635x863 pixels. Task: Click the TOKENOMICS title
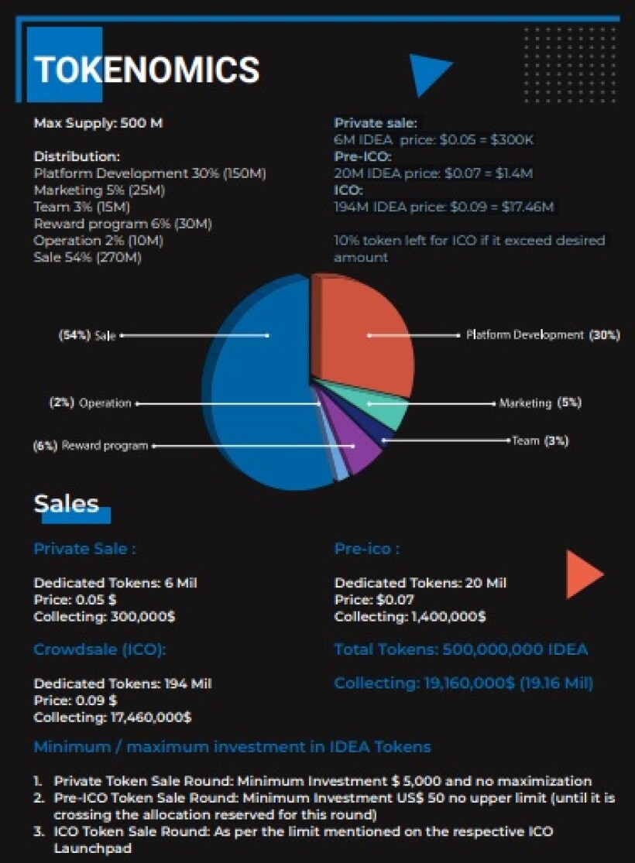[146, 70]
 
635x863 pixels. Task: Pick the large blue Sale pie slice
[264, 385]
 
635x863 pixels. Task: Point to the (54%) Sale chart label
[87, 336]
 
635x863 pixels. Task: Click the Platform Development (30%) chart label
[543, 335]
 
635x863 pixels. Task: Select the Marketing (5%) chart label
[541, 403]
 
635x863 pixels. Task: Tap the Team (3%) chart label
[541, 441]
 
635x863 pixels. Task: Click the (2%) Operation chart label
[91, 403]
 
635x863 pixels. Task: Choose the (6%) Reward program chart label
[91, 446]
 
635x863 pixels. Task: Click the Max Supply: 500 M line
[98, 123]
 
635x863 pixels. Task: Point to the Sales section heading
[66, 504]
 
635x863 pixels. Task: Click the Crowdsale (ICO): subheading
[100, 649]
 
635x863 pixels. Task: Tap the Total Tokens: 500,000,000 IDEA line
[461, 649]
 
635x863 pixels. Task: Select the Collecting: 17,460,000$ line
[112, 717]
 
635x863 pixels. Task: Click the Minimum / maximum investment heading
[232, 747]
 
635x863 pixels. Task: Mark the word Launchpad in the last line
[92, 848]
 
